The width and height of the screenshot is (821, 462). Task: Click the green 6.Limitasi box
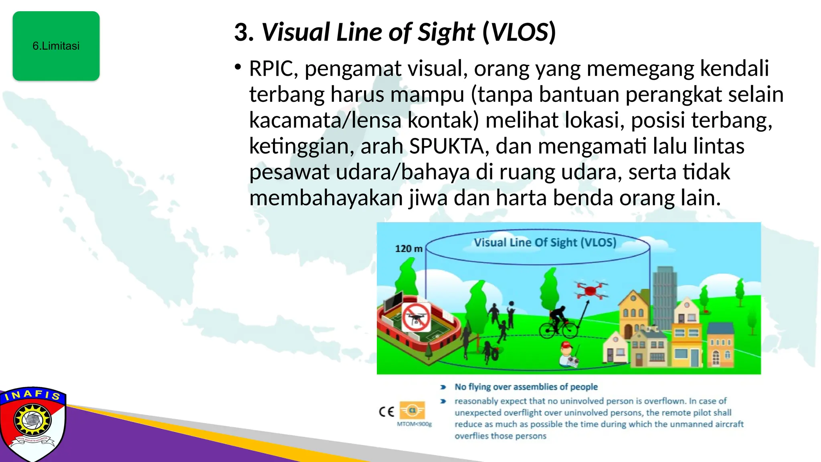(x=56, y=46)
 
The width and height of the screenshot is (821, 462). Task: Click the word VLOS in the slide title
(x=520, y=32)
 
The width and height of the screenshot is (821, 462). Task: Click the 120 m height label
(x=408, y=249)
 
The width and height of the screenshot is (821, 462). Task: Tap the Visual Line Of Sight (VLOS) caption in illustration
(x=545, y=243)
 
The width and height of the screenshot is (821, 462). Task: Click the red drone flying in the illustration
(x=590, y=290)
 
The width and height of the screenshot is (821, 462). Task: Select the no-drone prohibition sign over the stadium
(x=416, y=317)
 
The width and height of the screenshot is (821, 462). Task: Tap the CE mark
(x=386, y=412)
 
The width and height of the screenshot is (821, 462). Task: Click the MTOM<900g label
(x=414, y=424)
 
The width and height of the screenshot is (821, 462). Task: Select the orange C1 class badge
(x=413, y=410)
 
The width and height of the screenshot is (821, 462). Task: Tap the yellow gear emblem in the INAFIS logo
(x=32, y=420)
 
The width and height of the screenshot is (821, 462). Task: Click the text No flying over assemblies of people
(x=526, y=387)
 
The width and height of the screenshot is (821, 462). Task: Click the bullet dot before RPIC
(x=238, y=67)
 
